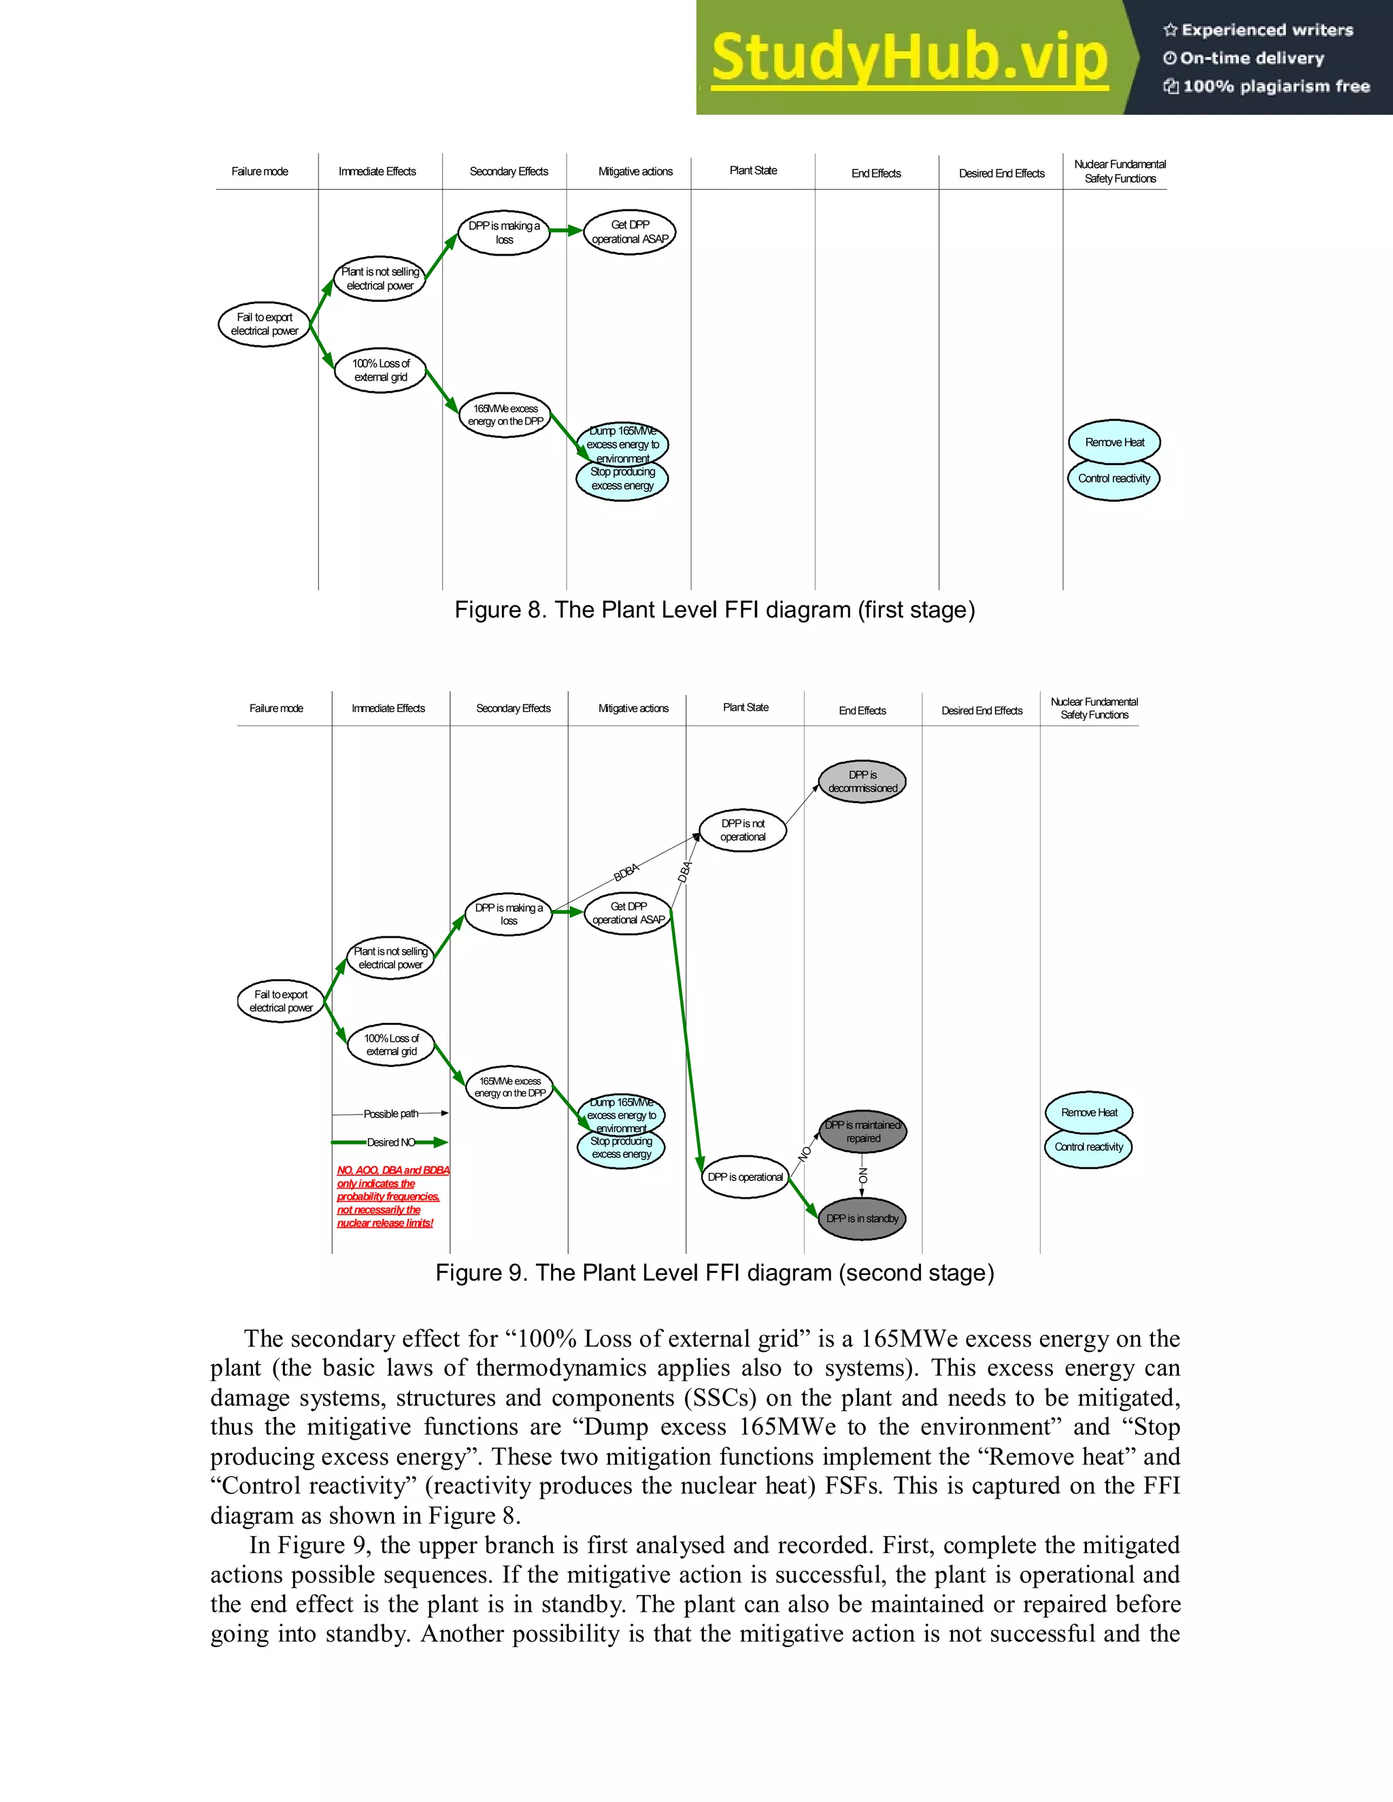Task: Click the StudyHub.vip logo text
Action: (909, 58)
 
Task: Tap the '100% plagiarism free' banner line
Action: (1266, 86)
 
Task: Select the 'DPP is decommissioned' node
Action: (862, 781)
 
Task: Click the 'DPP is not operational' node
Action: (743, 830)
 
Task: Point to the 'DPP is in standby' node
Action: (862, 1219)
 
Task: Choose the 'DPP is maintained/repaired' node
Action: (863, 1132)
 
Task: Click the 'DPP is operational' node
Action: (745, 1177)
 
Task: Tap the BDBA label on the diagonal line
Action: (626, 872)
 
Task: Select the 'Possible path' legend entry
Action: (390, 1114)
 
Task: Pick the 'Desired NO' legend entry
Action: (390, 1143)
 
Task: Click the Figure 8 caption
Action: (715, 610)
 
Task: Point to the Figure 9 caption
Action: (715, 1272)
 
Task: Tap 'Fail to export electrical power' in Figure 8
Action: (264, 324)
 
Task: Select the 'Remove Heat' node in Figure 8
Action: (1114, 442)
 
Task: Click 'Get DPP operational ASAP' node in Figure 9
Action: (629, 913)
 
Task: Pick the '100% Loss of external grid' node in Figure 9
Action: (391, 1044)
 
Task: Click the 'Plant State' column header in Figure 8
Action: (753, 171)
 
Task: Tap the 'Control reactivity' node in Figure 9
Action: (1088, 1147)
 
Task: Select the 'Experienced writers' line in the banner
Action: (1258, 31)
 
